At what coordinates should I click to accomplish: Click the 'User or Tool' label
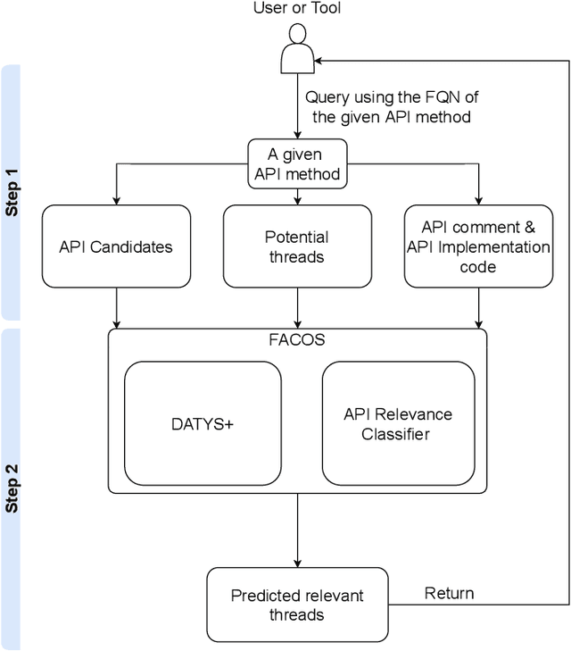pos(296,10)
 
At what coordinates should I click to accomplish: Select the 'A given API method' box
pos(296,163)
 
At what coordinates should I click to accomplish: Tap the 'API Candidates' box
pos(117,246)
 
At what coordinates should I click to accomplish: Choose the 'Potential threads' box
pos(296,246)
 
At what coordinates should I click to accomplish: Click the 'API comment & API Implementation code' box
pos(478,246)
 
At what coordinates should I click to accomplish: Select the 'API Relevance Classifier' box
pos(397,423)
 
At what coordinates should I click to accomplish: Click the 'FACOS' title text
pos(297,340)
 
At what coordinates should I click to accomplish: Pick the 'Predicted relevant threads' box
pos(296,605)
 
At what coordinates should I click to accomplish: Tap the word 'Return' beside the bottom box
pos(449,593)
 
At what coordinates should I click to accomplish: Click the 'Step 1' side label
pos(12,192)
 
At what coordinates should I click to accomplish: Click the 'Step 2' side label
pos(12,488)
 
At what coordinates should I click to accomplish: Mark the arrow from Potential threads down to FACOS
pos(296,308)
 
